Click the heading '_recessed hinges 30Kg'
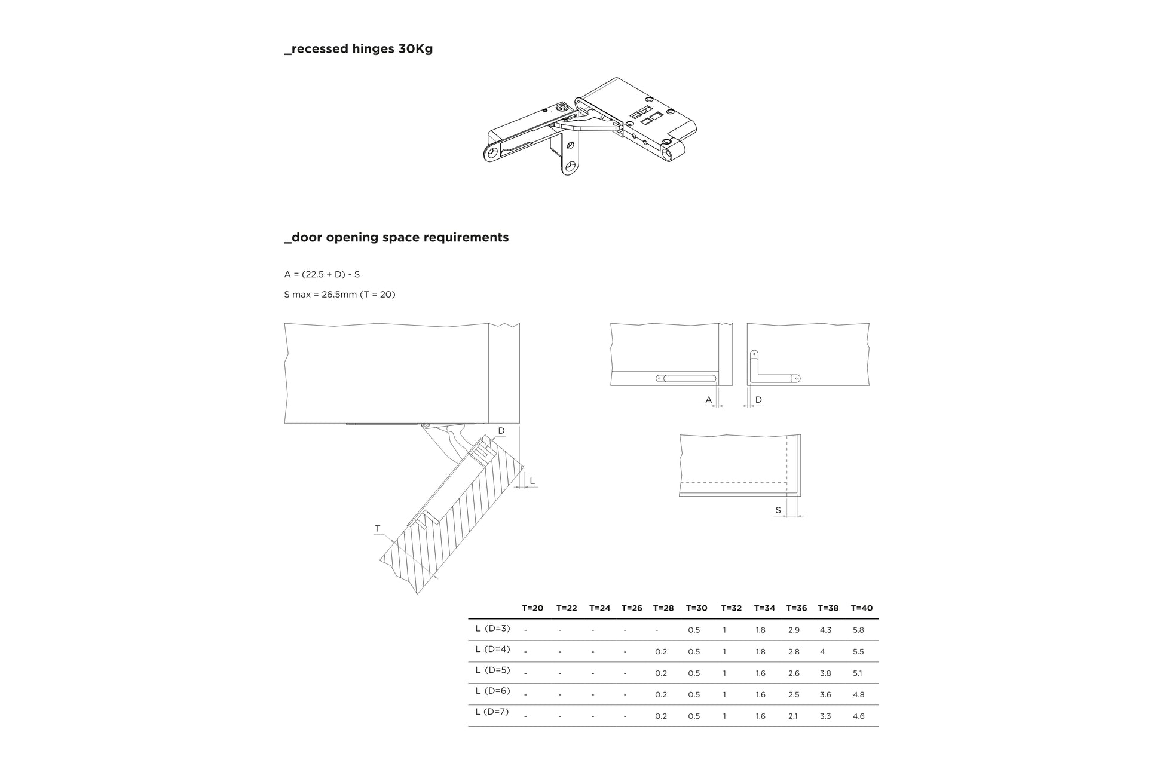358,49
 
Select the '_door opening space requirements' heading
396,237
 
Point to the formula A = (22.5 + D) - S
322,274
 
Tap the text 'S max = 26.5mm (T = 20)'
339,295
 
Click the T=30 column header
696,608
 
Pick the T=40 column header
861,608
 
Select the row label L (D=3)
492,628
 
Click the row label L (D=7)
492,712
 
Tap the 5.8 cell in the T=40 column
858,630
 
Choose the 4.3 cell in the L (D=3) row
825,630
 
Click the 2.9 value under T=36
794,630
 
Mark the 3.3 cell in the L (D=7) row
825,716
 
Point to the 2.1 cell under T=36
792,716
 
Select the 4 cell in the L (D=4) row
822,652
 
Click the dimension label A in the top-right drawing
709,400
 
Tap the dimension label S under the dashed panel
778,510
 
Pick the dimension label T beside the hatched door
377,528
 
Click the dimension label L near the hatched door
532,481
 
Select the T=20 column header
532,608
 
